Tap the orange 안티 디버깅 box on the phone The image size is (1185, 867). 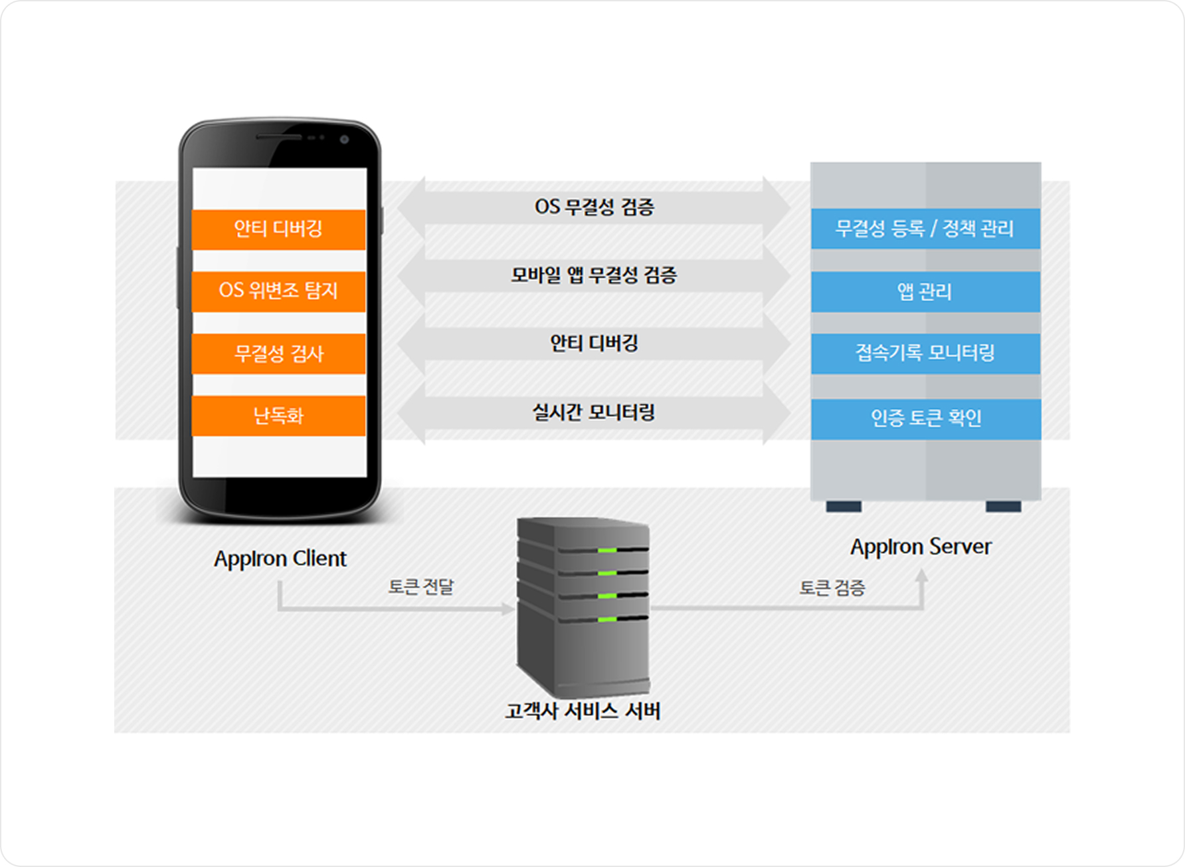pyautogui.click(x=278, y=229)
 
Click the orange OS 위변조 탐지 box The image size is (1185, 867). pyautogui.click(x=278, y=291)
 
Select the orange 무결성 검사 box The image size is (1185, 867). pyautogui.click(x=278, y=354)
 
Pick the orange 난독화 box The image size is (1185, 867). pyautogui.click(x=278, y=416)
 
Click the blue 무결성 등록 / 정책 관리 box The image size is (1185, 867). pyautogui.click(x=925, y=229)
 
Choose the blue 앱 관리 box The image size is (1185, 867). pyautogui.click(x=925, y=291)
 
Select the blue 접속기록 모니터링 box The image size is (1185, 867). pyautogui.click(x=925, y=353)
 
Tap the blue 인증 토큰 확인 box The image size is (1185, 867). pyautogui.click(x=925, y=418)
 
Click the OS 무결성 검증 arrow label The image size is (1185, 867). pyautogui.click(x=594, y=207)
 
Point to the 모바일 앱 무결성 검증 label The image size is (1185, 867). pyautogui.click(x=594, y=275)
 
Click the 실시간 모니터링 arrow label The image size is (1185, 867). pyautogui.click(x=594, y=412)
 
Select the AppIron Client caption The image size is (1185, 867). pyautogui.click(x=280, y=558)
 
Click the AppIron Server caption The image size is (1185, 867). pyautogui.click(x=921, y=547)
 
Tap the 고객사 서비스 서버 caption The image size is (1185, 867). pyautogui.click(x=583, y=711)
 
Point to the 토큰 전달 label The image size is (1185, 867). pyautogui.click(x=420, y=587)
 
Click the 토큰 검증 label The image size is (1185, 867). pyautogui.click(x=832, y=588)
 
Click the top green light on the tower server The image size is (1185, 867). pyautogui.click(x=606, y=551)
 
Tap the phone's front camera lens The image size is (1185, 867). pyautogui.click(x=344, y=139)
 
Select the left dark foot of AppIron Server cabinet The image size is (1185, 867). pyautogui.click(x=844, y=507)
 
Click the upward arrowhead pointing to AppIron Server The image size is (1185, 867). pyautogui.click(x=921, y=576)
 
